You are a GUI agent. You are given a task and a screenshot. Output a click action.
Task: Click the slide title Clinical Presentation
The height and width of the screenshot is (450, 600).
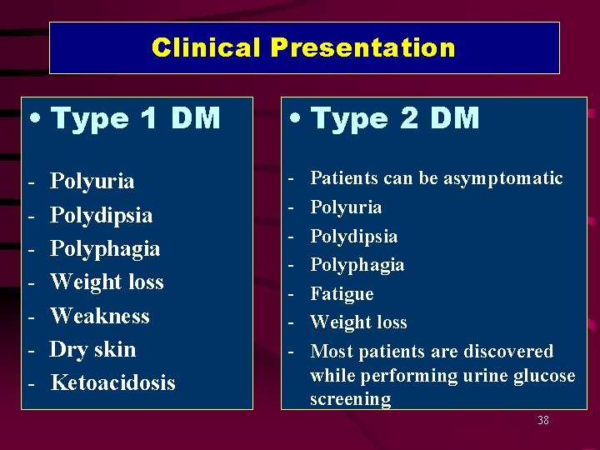[x=303, y=47]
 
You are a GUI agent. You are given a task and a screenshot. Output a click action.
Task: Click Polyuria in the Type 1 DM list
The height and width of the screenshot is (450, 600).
[x=92, y=182]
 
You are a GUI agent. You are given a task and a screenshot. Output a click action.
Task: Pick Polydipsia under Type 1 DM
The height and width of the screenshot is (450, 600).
[x=101, y=215]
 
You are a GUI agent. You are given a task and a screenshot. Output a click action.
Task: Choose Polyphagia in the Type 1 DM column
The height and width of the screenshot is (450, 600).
[x=105, y=248]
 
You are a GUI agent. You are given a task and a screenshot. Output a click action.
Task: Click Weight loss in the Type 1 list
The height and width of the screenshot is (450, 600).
[x=107, y=282]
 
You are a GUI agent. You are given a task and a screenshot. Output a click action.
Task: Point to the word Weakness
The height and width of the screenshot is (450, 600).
[x=99, y=316]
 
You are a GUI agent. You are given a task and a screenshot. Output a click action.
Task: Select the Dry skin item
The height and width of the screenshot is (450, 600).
[x=92, y=349]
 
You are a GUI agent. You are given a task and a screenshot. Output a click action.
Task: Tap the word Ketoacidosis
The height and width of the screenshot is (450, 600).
[x=112, y=382]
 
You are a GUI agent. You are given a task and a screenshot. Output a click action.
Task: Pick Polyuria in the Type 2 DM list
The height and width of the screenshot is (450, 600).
[x=346, y=207]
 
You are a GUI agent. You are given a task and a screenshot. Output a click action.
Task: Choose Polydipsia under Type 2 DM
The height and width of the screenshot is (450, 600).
[x=353, y=236]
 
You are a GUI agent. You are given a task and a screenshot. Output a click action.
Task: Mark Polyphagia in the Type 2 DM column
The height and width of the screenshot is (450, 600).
[x=357, y=265]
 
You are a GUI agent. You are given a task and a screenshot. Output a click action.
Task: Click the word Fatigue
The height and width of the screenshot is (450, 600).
[x=342, y=294]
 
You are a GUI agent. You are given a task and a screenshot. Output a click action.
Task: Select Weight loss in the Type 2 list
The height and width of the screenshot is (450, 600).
[x=358, y=322]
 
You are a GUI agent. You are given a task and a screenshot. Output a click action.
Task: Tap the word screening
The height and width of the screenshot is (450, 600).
[x=350, y=399]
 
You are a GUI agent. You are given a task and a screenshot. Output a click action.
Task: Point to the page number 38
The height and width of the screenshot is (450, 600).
[x=543, y=420]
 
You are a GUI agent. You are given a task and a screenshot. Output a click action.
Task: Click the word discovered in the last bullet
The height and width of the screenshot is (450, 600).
[x=511, y=352]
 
